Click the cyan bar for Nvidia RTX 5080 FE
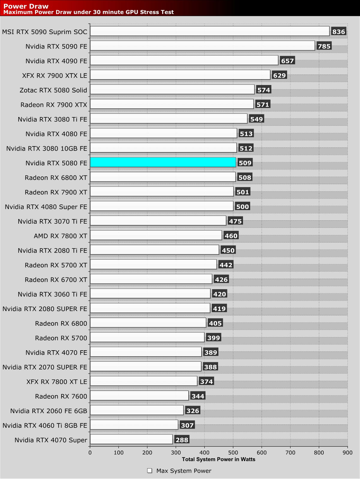click(x=163, y=163)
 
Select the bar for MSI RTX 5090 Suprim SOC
click(x=209, y=31)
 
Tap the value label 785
click(x=324, y=46)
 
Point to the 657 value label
click(x=287, y=61)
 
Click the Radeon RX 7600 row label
click(x=61, y=396)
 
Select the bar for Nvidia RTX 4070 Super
click(x=131, y=439)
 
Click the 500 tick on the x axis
click(x=233, y=453)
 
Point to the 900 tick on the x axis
click(x=347, y=453)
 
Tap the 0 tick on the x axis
click(x=90, y=453)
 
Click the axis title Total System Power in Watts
click(x=218, y=459)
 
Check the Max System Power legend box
click(x=150, y=471)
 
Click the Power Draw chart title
click(x=26, y=6)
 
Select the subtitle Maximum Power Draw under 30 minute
click(x=88, y=12)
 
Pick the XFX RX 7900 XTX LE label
click(x=55, y=75)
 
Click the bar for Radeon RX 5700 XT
click(x=153, y=264)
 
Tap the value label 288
click(x=181, y=440)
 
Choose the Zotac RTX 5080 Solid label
click(x=53, y=90)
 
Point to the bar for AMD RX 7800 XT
click(x=156, y=235)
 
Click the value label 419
click(x=219, y=308)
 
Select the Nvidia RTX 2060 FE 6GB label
click(x=49, y=411)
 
